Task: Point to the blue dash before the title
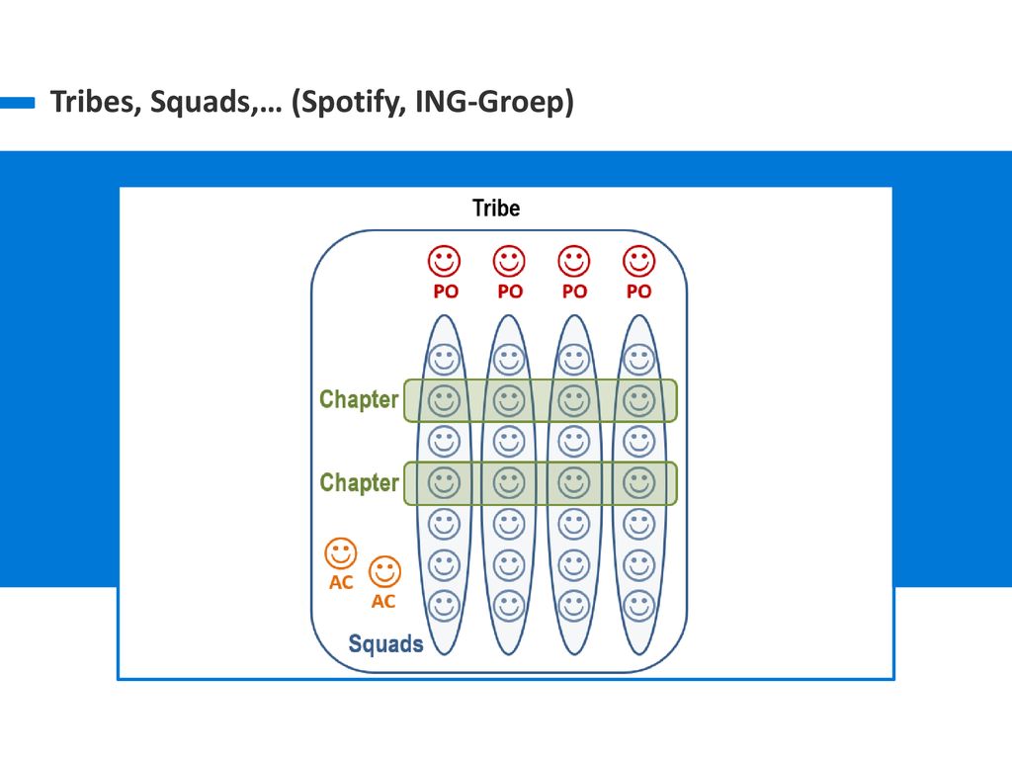(18, 103)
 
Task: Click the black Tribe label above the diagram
(496, 208)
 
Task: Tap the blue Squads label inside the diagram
(386, 643)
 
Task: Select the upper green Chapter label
(359, 399)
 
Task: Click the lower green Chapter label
(359, 482)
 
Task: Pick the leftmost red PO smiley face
(444, 261)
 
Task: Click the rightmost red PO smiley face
(639, 261)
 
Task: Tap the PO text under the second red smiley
(510, 292)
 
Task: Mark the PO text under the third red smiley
(574, 292)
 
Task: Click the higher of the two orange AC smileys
(341, 553)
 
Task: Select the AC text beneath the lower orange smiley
(382, 602)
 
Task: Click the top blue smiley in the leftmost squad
(444, 360)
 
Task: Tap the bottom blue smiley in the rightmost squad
(639, 607)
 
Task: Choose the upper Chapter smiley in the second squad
(509, 401)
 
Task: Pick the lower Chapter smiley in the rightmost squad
(639, 482)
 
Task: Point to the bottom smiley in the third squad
(574, 607)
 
